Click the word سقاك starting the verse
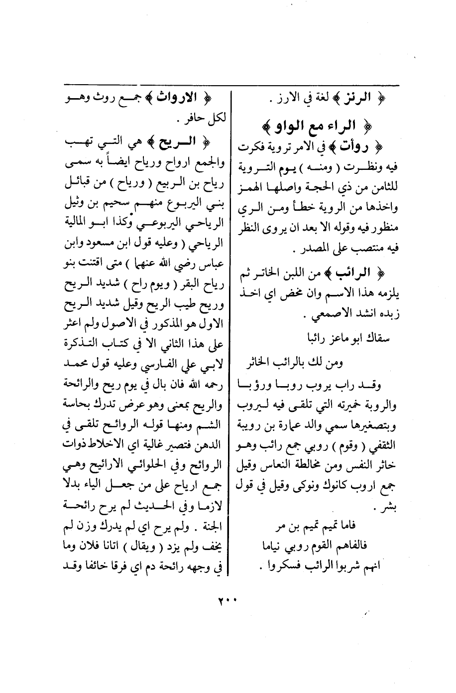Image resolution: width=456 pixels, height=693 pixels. pyautogui.click(x=376, y=338)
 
